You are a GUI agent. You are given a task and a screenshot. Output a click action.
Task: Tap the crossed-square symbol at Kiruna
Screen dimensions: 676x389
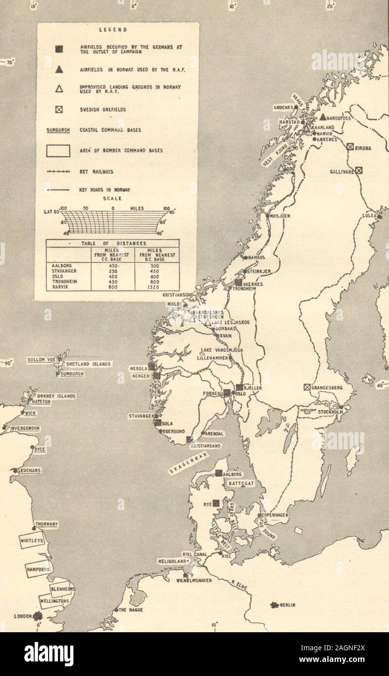(350, 146)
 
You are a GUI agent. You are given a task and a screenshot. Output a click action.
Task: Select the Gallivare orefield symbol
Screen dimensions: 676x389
(359, 170)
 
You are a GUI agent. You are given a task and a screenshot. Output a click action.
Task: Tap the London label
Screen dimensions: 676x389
(23, 616)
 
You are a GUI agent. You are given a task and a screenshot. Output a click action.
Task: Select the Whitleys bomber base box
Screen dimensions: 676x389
(32, 540)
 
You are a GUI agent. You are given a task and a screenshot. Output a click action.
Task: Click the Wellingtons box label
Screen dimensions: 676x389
(54, 601)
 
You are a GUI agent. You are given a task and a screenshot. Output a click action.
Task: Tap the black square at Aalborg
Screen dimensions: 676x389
(219, 473)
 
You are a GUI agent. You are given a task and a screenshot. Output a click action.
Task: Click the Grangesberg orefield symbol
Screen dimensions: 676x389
(307, 388)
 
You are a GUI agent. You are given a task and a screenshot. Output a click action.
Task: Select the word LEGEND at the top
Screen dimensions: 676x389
(113, 30)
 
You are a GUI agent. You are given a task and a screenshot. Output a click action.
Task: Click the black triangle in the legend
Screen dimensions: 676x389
(59, 70)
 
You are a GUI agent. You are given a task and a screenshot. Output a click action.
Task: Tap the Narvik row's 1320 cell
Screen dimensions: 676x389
(156, 287)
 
